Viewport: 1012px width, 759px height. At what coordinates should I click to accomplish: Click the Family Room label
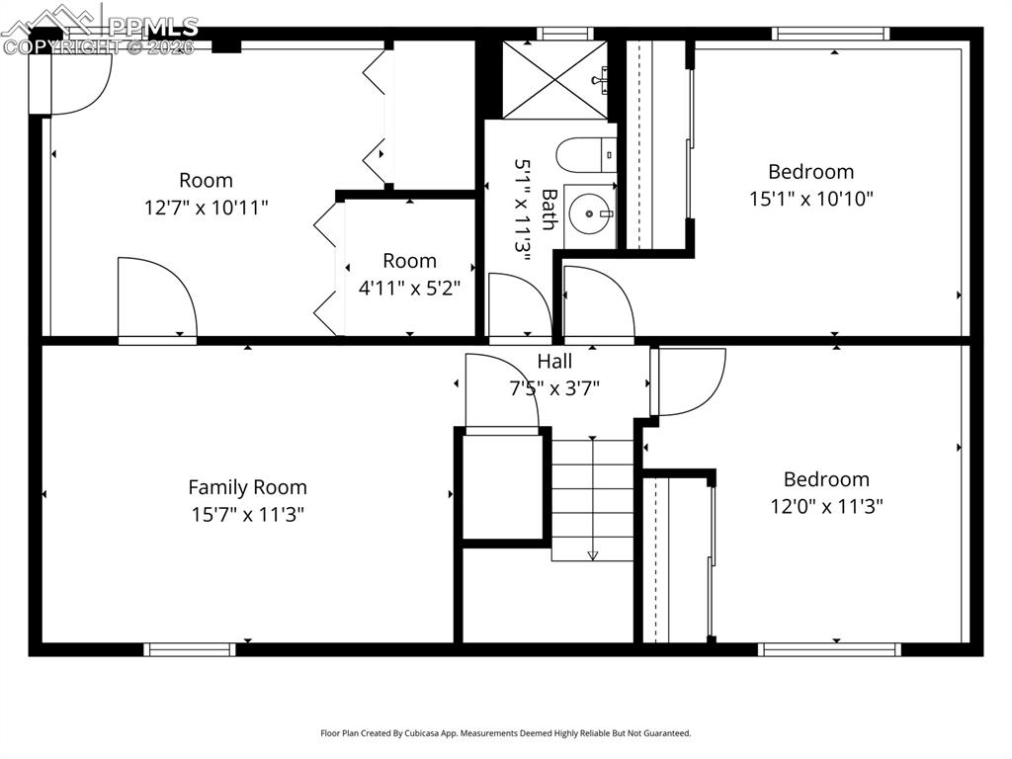(247, 487)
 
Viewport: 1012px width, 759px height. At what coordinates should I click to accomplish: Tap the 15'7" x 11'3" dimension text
(247, 514)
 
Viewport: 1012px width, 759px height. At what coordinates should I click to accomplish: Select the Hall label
(554, 361)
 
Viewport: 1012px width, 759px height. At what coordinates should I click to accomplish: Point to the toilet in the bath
(585, 155)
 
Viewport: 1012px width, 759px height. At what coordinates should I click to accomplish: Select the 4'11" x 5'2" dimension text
(409, 288)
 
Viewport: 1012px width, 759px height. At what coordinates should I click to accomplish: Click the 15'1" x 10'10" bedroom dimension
(810, 199)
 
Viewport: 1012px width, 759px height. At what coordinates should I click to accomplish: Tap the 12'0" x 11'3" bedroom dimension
(826, 506)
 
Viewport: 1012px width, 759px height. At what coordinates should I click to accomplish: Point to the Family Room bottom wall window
(190, 649)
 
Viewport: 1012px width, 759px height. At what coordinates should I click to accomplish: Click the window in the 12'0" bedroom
(829, 649)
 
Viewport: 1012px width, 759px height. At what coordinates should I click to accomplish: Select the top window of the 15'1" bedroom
(830, 34)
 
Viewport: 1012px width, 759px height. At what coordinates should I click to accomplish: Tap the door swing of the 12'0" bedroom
(688, 380)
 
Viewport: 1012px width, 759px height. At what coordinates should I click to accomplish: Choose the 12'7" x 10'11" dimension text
(206, 208)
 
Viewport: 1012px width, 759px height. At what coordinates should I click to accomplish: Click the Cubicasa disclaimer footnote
(505, 733)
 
